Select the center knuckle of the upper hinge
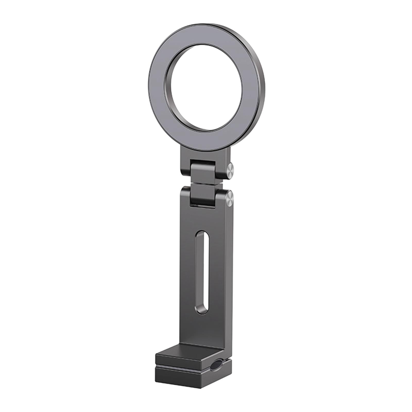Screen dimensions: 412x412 203,170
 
